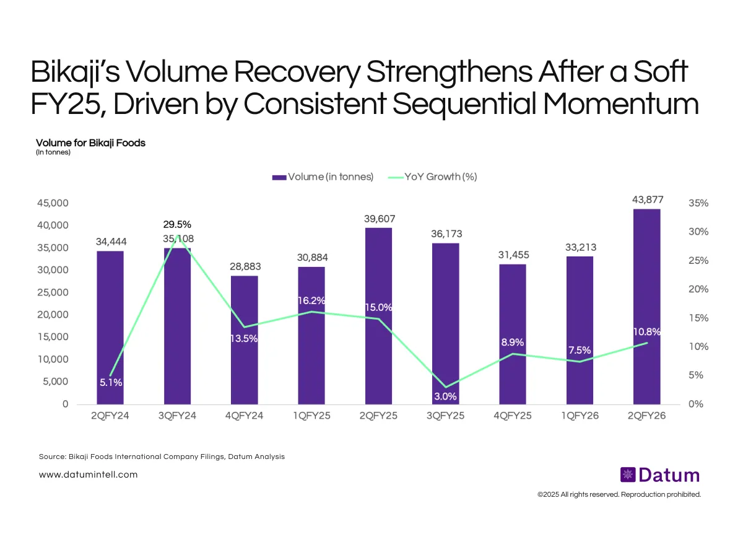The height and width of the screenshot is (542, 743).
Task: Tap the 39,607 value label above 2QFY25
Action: (378, 219)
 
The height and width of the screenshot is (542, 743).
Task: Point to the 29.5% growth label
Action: (177, 224)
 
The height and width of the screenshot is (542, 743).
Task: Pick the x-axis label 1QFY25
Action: (311, 416)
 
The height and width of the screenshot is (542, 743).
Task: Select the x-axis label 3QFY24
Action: (177, 416)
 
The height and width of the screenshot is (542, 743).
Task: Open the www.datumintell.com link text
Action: (88, 474)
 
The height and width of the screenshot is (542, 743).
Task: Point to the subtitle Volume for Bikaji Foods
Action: (90, 142)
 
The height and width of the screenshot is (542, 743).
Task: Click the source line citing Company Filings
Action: (161, 457)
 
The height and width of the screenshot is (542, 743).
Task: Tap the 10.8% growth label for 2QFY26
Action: (647, 332)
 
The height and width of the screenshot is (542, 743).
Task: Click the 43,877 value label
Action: (647, 199)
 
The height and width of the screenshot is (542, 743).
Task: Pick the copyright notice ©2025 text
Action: (619, 494)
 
